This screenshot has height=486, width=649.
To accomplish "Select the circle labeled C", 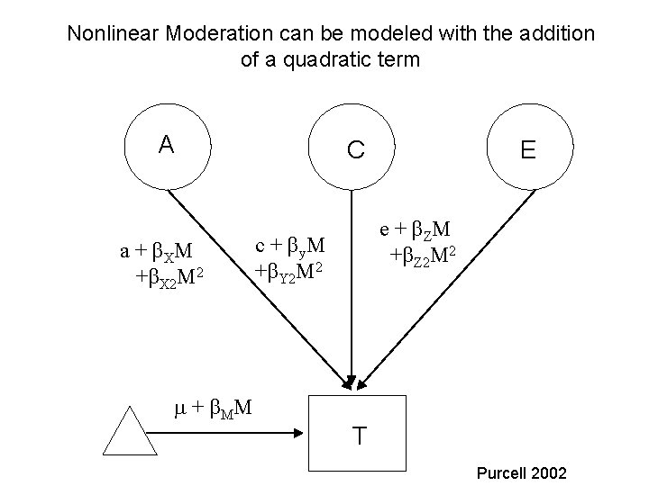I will pos(354,148).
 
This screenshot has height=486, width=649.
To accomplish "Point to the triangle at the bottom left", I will pos(133,432).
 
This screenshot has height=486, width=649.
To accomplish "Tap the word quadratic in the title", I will pos(334,61).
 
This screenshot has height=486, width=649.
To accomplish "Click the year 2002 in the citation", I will pos(548,472).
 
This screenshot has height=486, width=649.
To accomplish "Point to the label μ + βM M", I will pos(211,409).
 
